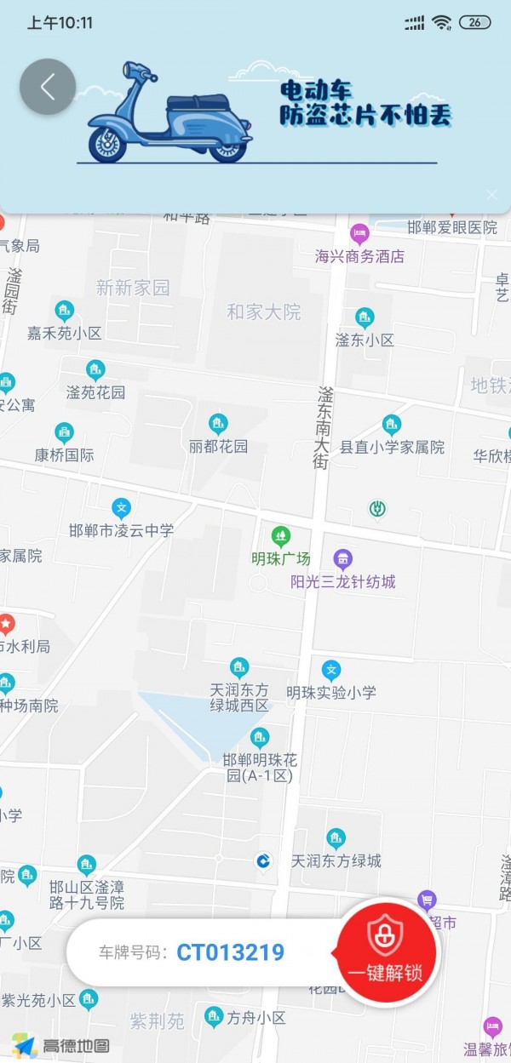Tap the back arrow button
48,86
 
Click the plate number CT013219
230,952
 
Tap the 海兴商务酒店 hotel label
359,255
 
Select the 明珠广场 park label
281,559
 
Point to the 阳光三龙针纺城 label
343,582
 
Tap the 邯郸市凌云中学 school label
121,530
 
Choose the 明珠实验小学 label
331,692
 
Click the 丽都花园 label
219,446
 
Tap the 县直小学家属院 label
392,447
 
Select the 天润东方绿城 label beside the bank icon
336,860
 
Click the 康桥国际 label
65,454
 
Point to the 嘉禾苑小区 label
65,333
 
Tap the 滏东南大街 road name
324,427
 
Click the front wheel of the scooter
108,142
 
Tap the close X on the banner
491,194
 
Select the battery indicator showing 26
474,23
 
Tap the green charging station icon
377,509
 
